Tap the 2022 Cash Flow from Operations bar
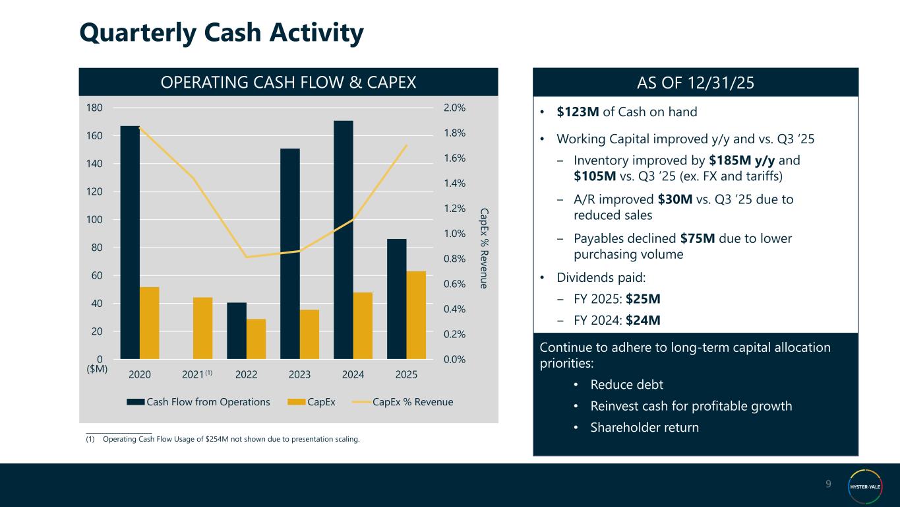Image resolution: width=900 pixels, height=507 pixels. tap(237, 331)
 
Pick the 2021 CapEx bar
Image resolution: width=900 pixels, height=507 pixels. tap(202, 328)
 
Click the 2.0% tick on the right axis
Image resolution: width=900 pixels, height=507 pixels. tap(454, 108)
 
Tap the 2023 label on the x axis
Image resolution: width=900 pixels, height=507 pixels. tap(299, 374)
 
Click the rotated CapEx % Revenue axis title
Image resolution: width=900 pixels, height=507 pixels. tap(484, 248)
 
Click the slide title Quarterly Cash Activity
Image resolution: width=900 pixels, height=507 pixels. tap(221, 34)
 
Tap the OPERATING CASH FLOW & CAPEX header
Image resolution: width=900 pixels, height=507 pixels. tap(288, 82)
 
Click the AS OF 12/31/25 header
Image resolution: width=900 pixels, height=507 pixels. tap(696, 82)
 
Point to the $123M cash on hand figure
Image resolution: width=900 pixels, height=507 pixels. tap(578, 112)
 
